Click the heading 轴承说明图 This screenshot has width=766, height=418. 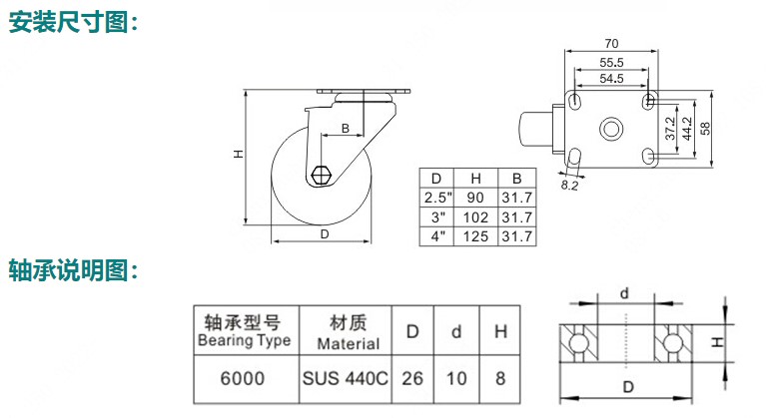pyautogui.click(x=72, y=269)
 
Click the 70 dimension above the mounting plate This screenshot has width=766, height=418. pyautogui.click(x=612, y=44)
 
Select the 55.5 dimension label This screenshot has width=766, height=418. pyautogui.click(x=612, y=62)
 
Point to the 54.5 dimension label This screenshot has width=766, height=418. pyautogui.click(x=612, y=78)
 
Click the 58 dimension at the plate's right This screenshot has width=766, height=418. pyautogui.click(x=705, y=128)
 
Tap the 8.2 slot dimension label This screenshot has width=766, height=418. pyautogui.click(x=571, y=185)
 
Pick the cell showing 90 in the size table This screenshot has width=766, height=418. pyautogui.click(x=475, y=197)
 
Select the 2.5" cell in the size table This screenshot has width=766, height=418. pyautogui.click(x=437, y=197)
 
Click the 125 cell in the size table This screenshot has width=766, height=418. pyautogui.click(x=475, y=236)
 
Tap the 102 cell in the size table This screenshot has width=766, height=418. pyautogui.click(x=475, y=216)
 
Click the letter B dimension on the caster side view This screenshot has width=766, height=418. pyautogui.click(x=345, y=129)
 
